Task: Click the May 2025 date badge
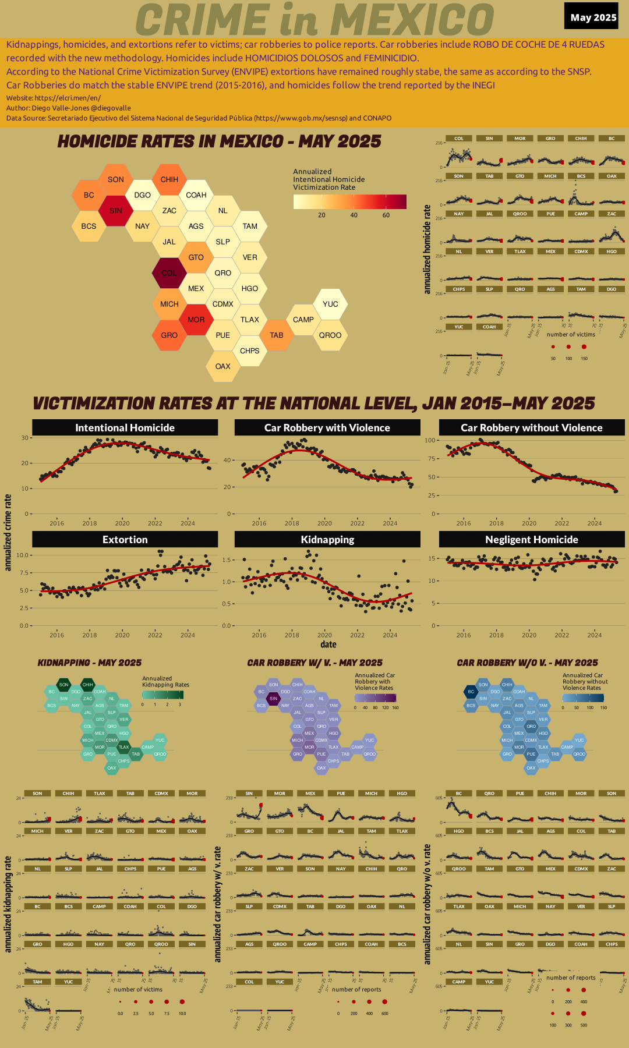click(593, 17)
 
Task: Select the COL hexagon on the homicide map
click(169, 272)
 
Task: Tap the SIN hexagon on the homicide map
click(116, 210)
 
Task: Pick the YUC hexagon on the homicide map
click(330, 304)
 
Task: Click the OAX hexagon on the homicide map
click(222, 366)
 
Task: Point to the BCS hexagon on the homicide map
click(89, 226)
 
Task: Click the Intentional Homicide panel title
click(125, 427)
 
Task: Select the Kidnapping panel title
click(327, 539)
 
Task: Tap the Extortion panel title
click(125, 539)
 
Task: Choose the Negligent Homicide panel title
click(531, 539)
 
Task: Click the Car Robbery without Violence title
click(531, 427)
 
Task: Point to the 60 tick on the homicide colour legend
click(386, 215)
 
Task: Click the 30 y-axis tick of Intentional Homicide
click(25, 438)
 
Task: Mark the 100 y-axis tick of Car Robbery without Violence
click(430, 440)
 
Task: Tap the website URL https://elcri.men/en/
click(68, 98)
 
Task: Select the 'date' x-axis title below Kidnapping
click(328, 645)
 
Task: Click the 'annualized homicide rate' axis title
click(427, 249)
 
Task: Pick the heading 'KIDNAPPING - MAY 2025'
click(90, 663)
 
